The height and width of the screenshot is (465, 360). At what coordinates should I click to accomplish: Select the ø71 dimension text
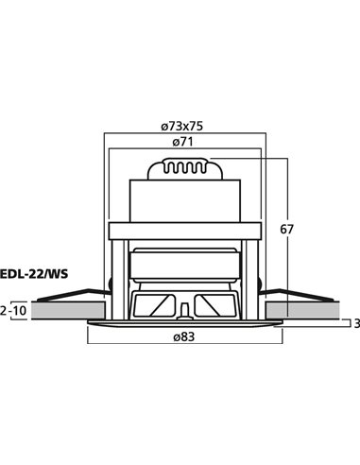click(184, 143)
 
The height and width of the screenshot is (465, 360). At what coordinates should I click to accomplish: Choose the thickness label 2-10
click(14, 310)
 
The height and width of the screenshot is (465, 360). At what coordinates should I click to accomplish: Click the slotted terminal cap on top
click(185, 171)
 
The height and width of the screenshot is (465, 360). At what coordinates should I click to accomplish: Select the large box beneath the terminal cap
click(185, 203)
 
